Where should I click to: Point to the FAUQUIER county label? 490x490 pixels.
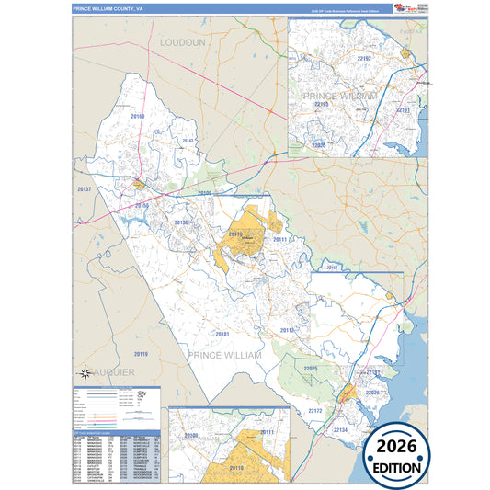click(x=111, y=370)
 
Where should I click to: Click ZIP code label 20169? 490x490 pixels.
click(x=138, y=117)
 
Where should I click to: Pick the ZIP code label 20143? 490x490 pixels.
click(x=188, y=141)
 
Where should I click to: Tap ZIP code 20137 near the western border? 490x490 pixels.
click(x=85, y=188)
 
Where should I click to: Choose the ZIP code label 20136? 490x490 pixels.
click(x=181, y=222)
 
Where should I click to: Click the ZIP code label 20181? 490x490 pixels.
click(x=222, y=334)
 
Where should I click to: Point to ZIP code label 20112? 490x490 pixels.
click(x=287, y=330)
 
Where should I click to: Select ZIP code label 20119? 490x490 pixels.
click(x=140, y=354)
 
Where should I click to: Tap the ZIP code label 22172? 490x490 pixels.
click(x=314, y=410)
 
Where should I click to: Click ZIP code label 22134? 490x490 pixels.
click(x=340, y=429)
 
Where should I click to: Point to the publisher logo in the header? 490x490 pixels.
click(x=405, y=7)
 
